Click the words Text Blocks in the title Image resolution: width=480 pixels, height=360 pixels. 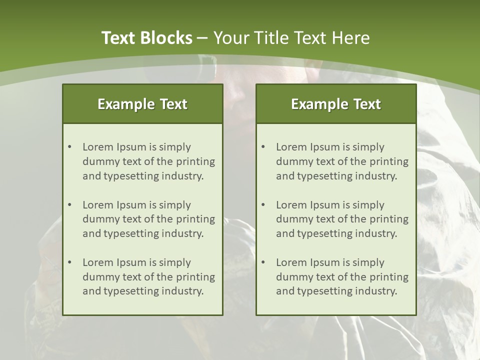pos(146,38)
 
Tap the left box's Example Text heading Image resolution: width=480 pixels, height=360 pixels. pos(142,104)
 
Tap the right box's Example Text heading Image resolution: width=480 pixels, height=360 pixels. pos(336,104)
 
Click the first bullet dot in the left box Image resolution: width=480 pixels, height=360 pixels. pos(69,147)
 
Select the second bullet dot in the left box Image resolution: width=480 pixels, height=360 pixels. pos(69,205)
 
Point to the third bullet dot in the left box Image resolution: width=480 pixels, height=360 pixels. pos(69,262)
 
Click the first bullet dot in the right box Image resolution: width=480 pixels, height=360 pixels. pos(263,147)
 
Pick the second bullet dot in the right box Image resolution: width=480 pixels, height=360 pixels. pos(263,205)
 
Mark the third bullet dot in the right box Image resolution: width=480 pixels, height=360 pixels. pos(263,262)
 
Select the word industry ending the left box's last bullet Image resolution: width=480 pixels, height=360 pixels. pos(183,291)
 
